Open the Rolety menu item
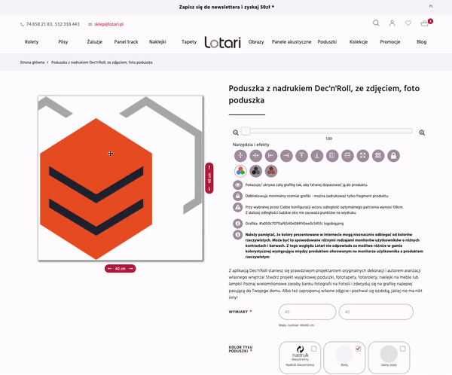pos(32,42)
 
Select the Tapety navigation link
pos(188,42)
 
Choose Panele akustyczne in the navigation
pos(291,42)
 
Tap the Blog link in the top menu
pos(421,42)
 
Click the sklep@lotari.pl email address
pos(108,24)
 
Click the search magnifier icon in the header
pos(376,23)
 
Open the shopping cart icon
pos(424,23)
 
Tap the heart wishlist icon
pos(408,23)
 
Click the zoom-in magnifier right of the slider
pos(422,133)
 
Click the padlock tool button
pos(392,155)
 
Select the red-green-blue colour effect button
pos(240,171)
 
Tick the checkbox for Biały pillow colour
pos(359,349)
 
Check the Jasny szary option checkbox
pos(403,349)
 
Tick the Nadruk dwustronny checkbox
pos(313,349)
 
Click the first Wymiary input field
pos(306,312)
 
